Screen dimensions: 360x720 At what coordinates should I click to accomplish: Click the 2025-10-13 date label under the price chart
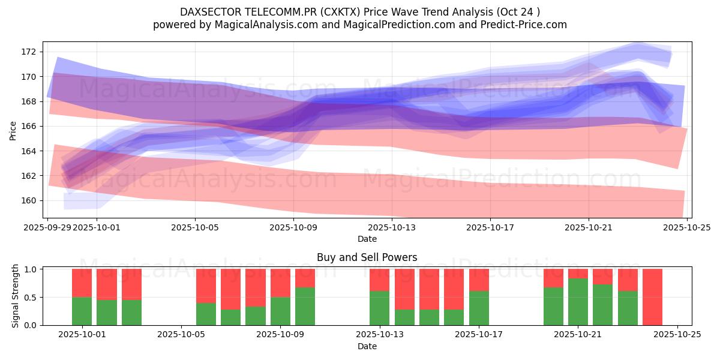[392, 227]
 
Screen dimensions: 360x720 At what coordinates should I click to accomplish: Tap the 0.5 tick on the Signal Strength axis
[31, 297]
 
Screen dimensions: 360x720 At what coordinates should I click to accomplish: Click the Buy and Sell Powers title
[367, 257]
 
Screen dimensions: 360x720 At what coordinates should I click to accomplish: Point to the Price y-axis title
[13, 130]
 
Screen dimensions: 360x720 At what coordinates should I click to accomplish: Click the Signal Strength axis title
[16, 296]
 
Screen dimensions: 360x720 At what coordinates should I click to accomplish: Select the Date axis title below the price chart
[367, 239]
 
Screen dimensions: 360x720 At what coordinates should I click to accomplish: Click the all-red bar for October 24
[652, 297]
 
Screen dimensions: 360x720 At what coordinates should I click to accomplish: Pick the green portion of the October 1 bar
[82, 311]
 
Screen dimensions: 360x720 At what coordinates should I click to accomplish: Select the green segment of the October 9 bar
[281, 311]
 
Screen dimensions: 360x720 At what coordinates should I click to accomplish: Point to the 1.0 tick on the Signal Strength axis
[31, 269]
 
